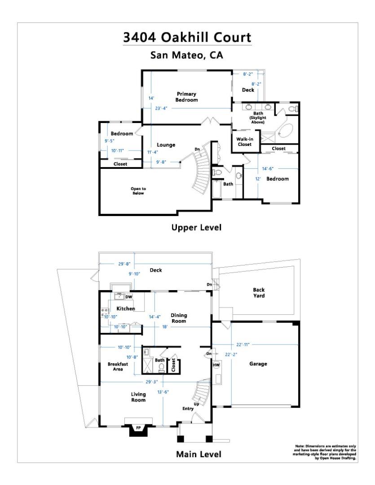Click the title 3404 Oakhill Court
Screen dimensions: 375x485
187,37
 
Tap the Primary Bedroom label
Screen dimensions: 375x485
186,97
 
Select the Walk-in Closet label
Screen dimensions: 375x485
245,141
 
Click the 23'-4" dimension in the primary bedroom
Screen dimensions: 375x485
161,108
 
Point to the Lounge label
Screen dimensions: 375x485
166,145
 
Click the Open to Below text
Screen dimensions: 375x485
138,191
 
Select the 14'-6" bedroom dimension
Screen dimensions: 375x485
268,168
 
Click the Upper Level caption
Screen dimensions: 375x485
196,228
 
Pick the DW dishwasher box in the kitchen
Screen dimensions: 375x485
129,297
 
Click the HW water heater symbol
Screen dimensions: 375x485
216,365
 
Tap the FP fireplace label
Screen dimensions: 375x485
138,428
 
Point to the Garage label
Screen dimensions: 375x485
258,364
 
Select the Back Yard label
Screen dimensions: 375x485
259,293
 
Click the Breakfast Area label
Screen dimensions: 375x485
118,366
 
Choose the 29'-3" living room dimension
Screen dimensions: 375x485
152,382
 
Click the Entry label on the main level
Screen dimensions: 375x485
188,409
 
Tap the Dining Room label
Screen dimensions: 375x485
179,318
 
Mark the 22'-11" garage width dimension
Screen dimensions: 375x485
243,344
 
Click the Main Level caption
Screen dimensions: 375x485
199,454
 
